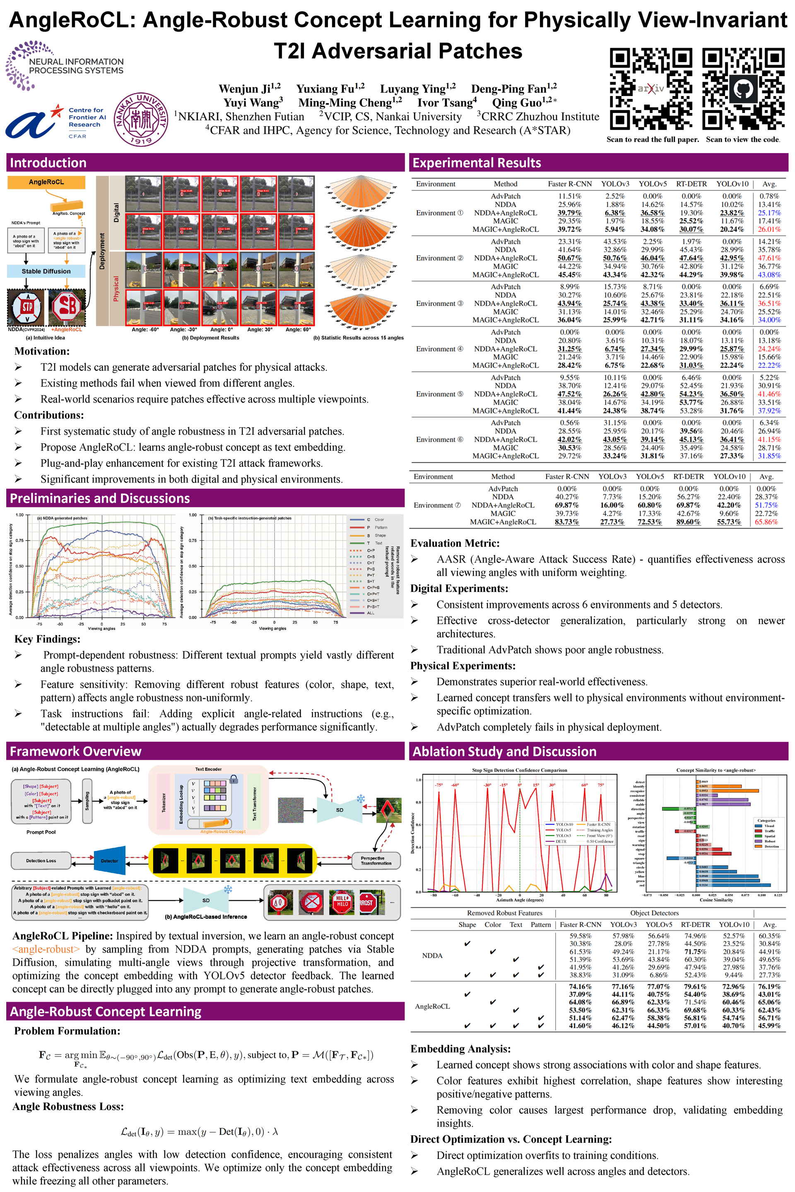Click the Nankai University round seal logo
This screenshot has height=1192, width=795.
pyautogui.click(x=141, y=120)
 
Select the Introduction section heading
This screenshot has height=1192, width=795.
pyautogui.click(x=48, y=163)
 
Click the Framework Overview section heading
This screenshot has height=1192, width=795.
pyautogui.click(x=75, y=751)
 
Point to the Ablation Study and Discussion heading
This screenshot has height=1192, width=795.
pyautogui.click(x=504, y=751)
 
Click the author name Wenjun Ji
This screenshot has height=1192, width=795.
pyautogui.click(x=249, y=89)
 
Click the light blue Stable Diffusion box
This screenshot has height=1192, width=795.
pyautogui.click(x=46, y=271)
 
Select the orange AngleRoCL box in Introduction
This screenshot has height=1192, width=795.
pyautogui.click(x=46, y=182)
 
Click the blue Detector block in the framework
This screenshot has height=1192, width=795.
pyautogui.click(x=109, y=860)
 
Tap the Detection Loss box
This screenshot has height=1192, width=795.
pyautogui.click(x=41, y=860)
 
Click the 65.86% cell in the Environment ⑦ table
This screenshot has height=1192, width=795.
pyautogui.click(x=766, y=521)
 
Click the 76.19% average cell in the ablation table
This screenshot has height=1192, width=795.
pyautogui.click(x=769, y=986)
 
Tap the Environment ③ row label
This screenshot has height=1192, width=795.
pyautogui.click(x=439, y=303)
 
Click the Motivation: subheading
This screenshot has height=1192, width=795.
pyautogui.click(x=42, y=351)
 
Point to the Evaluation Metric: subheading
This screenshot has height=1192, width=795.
pyautogui.click(x=455, y=543)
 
